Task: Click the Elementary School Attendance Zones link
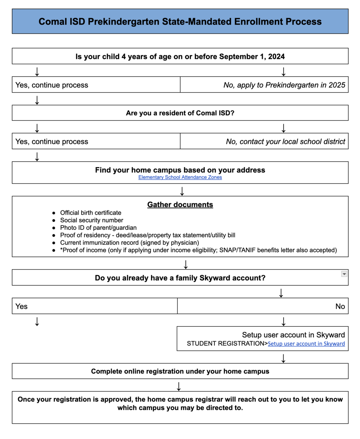pos(180,177)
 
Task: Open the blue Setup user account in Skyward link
pos(306,344)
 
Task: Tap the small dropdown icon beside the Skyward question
pos(344,274)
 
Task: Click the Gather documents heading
pos(180,205)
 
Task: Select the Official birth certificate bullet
pos(91,213)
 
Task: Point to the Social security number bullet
pos(92,220)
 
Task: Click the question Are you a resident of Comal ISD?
pos(180,113)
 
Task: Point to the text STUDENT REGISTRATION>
pos(227,344)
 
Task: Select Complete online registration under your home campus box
pos(180,371)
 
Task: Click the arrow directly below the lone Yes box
pos(37,322)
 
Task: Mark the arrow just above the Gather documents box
pos(182,191)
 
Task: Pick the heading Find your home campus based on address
pos(180,170)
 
